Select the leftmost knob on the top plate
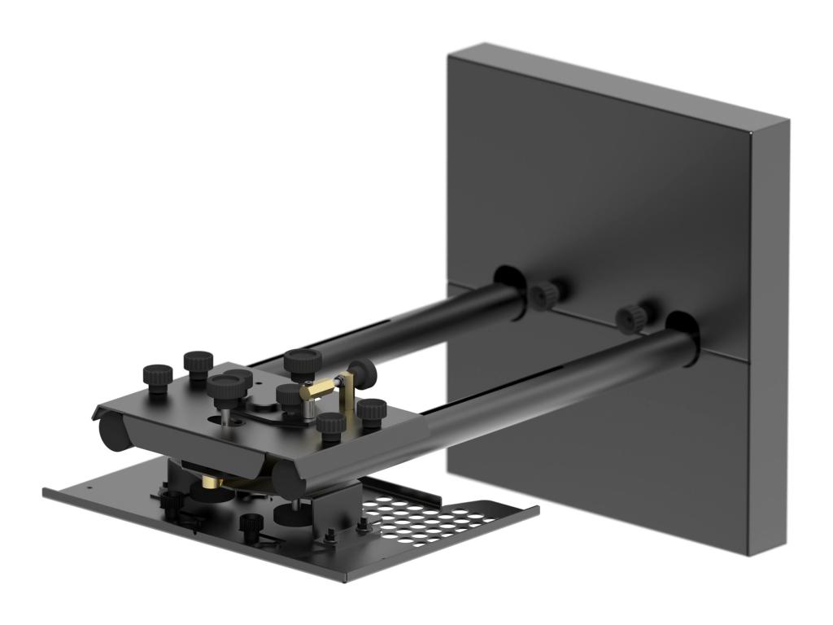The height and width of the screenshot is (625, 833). pos(156,377)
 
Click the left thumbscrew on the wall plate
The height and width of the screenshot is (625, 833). pos(548,295)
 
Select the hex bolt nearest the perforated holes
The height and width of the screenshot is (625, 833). pos(360,526)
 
